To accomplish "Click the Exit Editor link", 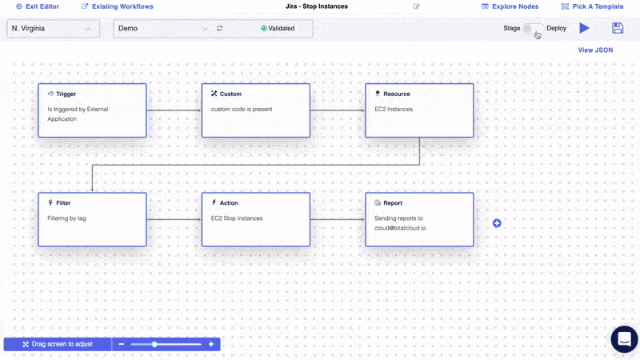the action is click(38, 6).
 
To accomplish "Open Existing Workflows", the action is click(118, 6).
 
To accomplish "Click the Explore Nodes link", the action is click(510, 6).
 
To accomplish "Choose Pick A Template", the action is click(593, 6).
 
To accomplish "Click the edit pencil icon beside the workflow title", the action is click(416, 6).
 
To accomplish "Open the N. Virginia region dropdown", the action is click(53, 29).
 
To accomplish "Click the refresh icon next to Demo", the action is click(219, 28).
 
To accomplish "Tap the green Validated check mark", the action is click(264, 28).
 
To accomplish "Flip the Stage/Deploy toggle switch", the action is click(533, 28).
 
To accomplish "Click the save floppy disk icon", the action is click(618, 28).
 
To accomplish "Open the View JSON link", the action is click(595, 50).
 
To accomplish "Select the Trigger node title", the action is click(66, 94).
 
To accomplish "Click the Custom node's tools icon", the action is click(214, 94).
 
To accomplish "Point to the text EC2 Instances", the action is click(394, 110).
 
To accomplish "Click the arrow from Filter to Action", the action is click(174, 219).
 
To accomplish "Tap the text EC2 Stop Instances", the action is click(237, 218).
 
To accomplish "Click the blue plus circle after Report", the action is click(497, 223).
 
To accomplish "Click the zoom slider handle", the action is click(154, 344).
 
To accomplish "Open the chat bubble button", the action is click(625, 338).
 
